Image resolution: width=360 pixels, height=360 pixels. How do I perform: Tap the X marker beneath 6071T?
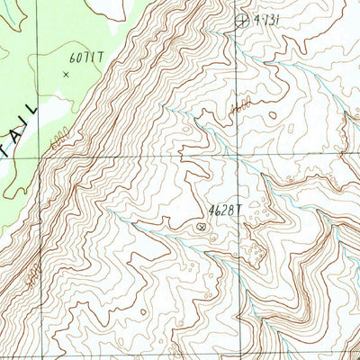(x=65, y=75)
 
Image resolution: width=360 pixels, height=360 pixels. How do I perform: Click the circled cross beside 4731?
(x=240, y=19)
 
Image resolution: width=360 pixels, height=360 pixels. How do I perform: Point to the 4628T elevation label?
(x=225, y=210)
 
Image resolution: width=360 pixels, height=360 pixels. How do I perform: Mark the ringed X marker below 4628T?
(x=199, y=227)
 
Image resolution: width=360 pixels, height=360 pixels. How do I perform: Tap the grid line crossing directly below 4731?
(x=240, y=156)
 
